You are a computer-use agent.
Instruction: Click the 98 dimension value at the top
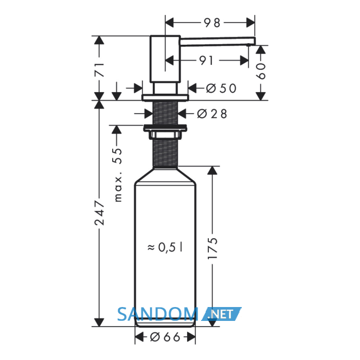(x=212, y=23)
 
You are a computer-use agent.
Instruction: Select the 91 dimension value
(x=206, y=61)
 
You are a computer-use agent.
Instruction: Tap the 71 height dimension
(x=100, y=69)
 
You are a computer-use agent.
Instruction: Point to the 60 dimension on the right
(x=261, y=71)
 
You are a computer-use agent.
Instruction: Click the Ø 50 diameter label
(x=221, y=88)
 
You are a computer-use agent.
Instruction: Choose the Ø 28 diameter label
(x=212, y=114)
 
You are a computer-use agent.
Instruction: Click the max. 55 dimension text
(x=118, y=175)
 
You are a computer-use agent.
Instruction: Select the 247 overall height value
(x=100, y=212)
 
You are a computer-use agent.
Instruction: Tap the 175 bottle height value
(x=212, y=248)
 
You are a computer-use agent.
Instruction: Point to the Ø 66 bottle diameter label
(x=165, y=337)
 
